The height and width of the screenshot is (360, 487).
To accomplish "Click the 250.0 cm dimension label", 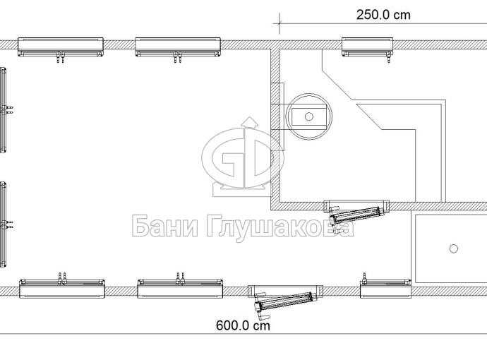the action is pyautogui.click(x=383, y=15).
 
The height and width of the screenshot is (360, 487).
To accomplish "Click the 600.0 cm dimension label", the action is pyautogui.click(x=243, y=325).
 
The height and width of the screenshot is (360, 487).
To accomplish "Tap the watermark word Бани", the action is pyautogui.click(x=165, y=227).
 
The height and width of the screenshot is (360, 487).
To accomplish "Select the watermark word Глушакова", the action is pyautogui.click(x=280, y=228).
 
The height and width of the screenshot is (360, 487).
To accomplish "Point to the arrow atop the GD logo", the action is pyautogui.click(x=250, y=122).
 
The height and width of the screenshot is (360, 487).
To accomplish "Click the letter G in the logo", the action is pyautogui.click(x=224, y=158).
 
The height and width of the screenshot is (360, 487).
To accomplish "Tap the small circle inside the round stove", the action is pyautogui.click(x=308, y=116).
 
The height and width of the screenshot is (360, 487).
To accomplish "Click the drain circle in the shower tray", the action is pyautogui.click(x=454, y=248).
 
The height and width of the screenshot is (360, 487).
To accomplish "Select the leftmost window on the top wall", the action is pyautogui.click(x=61, y=47).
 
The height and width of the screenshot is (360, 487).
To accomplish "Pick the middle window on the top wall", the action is pyautogui.click(x=178, y=47).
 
